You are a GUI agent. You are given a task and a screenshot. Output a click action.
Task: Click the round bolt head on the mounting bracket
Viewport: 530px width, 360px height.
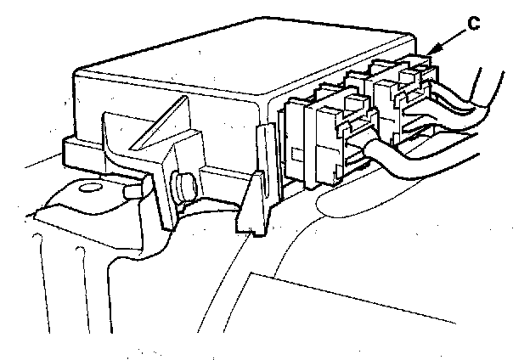pos(183,184)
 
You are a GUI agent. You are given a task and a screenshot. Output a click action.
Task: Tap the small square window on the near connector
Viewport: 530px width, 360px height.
pos(296,155)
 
